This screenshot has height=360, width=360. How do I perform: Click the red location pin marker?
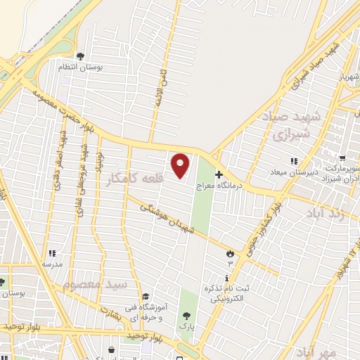181,166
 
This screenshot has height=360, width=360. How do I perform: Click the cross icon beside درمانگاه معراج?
219,174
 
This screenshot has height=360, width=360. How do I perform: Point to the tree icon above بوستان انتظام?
81,56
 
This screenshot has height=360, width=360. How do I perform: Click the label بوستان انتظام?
105,66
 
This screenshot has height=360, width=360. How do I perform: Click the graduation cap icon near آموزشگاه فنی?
146,297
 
